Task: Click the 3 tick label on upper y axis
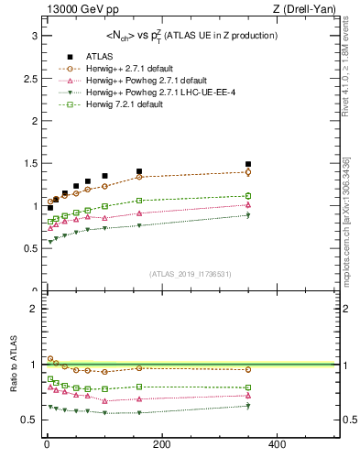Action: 34,36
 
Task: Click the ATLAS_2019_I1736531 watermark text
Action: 191,274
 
